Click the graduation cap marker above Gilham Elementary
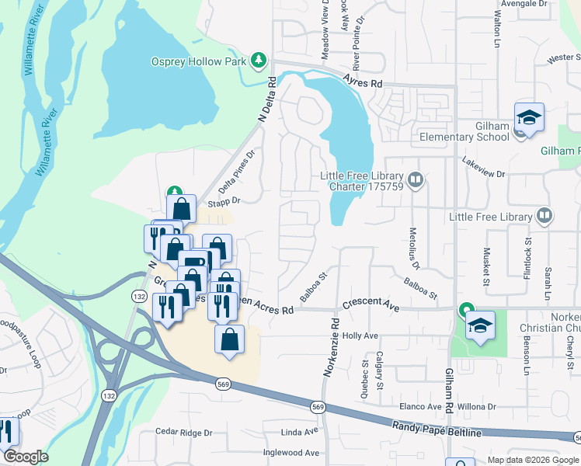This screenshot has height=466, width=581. pyautogui.click(x=529, y=118)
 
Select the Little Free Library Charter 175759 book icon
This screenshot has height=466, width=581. pyautogui.click(x=416, y=181)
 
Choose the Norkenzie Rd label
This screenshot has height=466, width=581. pyautogui.click(x=329, y=347)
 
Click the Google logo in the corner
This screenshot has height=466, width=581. pyautogui.click(x=26, y=457)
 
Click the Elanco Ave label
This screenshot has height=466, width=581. pyautogui.click(x=420, y=406)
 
